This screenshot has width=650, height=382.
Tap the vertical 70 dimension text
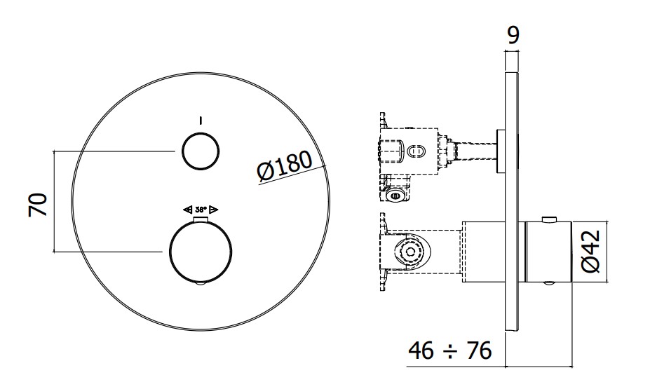tap(38, 205)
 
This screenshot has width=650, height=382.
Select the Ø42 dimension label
tap(590, 252)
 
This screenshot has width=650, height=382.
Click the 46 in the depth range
tap(421, 350)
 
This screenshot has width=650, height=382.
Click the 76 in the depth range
tap(479, 350)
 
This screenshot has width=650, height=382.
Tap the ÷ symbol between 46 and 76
tap(450, 352)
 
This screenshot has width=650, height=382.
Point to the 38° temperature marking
tap(201, 210)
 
